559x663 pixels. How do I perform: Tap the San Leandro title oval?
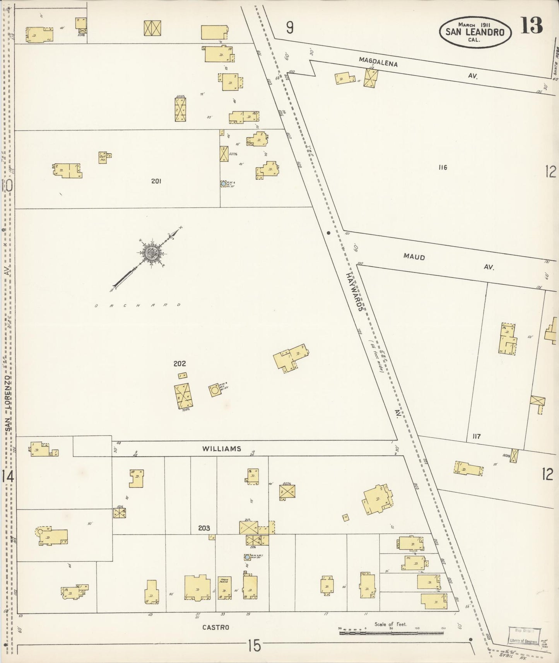tap(475, 32)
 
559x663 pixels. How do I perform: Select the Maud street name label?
tap(414, 257)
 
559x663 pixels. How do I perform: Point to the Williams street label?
tap(222, 449)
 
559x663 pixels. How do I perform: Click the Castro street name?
tap(216, 627)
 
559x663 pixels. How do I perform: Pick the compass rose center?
tap(150, 253)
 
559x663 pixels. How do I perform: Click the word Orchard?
tap(138, 305)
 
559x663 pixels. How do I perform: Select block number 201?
tap(156, 181)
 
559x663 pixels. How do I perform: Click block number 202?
tap(179, 364)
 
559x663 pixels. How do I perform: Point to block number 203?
tap(204, 528)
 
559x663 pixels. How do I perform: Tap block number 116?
tap(443, 167)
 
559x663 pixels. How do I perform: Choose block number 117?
tap(476, 436)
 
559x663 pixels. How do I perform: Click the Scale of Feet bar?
tap(391, 633)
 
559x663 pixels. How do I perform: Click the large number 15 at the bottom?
tap(255, 646)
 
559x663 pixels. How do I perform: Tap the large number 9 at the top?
tap(289, 27)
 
